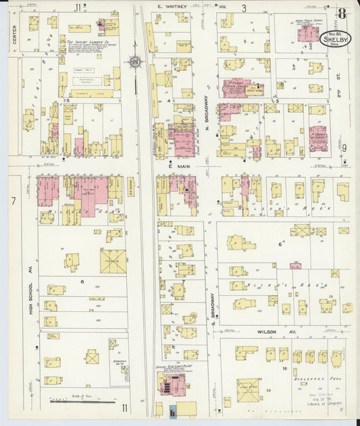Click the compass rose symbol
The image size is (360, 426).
pos(135,62)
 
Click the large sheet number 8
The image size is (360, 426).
pos(343,13)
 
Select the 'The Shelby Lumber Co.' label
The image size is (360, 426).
pos(87,41)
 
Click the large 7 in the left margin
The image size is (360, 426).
pos(12,201)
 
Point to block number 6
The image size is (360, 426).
pos(280,244)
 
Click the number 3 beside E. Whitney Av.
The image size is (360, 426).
pos(244,8)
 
